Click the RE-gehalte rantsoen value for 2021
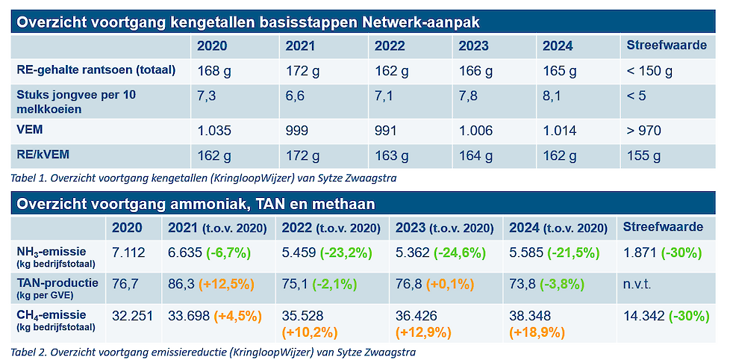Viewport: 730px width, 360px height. point(302,72)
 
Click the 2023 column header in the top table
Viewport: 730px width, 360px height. point(473,46)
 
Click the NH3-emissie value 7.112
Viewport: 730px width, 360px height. point(128,252)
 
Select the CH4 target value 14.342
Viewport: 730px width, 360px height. point(643,316)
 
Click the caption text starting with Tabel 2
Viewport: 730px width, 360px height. point(213,351)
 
